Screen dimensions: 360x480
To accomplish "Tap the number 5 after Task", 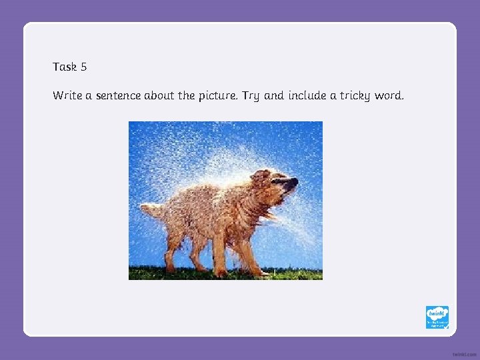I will tap(84, 67).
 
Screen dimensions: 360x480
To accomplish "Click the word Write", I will tap(67, 95).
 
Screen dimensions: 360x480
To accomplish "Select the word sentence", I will tap(118, 95).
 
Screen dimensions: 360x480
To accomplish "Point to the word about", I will tap(159, 95).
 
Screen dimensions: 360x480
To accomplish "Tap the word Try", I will tap(251, 96).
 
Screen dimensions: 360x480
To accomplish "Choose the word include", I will tap(307, 95).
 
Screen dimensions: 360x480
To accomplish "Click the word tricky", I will tap(355, 95).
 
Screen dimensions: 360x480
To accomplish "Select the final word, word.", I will tap(389, 95).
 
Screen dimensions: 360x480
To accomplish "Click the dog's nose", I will tap(293, 181).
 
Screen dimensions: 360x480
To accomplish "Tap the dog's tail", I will tap(151, 209).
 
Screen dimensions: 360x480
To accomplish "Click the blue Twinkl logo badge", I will tap(437, 317).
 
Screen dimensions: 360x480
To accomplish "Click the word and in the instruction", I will tap(273, 95).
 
